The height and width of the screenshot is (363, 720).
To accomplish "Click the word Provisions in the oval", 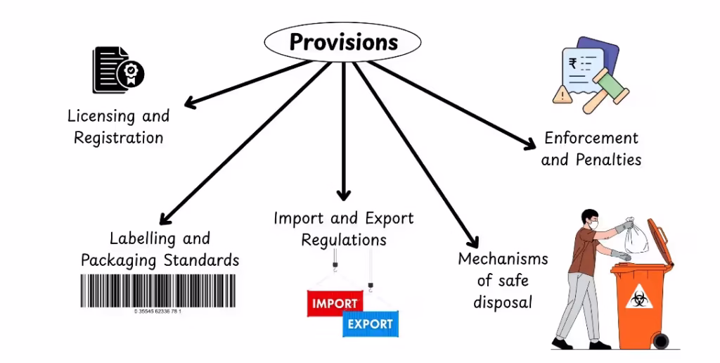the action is [343, 42].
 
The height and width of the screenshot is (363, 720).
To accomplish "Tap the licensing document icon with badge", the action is [118, 70].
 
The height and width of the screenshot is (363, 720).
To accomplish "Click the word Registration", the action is [118, 137].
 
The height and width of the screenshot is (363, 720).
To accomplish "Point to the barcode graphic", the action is [158, 291].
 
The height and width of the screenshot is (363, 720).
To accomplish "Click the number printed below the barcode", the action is [158, 312].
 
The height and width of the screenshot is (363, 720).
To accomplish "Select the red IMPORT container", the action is [335, 303].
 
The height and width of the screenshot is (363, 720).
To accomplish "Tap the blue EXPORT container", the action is [370, 324].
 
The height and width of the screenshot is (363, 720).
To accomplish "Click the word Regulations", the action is [344, 240].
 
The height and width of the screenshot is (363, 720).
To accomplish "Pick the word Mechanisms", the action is [503, 259].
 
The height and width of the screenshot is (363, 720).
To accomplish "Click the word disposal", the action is [503, 302].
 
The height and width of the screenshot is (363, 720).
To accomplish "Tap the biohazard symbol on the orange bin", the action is [638, 299].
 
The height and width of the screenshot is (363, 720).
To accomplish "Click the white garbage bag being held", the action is [636, 235].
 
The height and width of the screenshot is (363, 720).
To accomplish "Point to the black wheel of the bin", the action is [661, 341].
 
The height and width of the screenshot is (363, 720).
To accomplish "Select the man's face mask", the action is [595, 225].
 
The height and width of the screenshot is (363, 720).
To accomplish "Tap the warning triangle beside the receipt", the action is [562, 95].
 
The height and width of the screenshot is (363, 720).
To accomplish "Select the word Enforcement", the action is [591, 138].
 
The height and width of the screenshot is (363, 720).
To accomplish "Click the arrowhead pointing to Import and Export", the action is [343, 196].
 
